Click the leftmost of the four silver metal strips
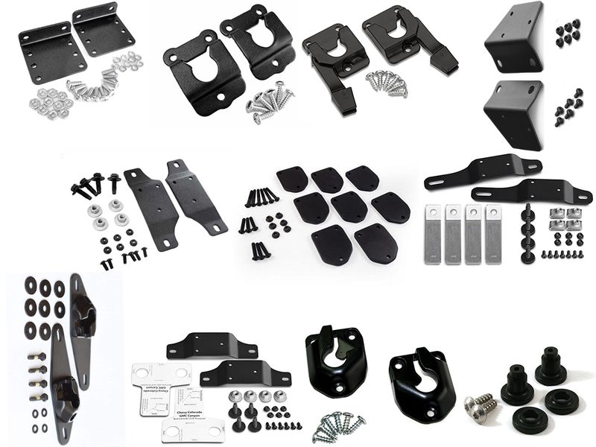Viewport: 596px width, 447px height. point(433,233)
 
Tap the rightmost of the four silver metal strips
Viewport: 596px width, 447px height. point(493,233)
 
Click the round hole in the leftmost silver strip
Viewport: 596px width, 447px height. point(433,213)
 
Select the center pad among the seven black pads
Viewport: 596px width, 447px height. point(348,206)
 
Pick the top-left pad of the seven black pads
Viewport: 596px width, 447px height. point(292,180)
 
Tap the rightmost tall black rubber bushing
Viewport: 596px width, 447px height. point(550,365)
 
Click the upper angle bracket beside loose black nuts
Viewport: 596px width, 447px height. point(514,37)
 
